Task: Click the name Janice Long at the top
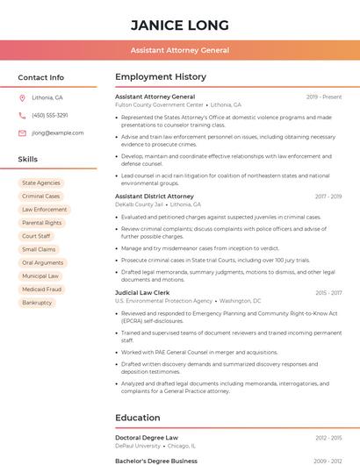coord(180,25)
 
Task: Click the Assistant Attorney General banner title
coord(180,51)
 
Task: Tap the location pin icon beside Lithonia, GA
coord(22,97)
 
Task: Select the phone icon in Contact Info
coord(22,115)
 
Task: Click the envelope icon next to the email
coord(22,133)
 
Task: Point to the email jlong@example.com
coord(58,133)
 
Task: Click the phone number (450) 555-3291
coord(50,115)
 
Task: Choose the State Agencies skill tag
coord(41,183)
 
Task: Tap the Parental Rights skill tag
coord(41,223)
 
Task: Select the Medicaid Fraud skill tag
coord(41,289)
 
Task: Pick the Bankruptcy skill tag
coord(37,303)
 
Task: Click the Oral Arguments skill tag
coord(42,262)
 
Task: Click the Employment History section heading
coord(161,77)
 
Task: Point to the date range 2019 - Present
coord(324,97)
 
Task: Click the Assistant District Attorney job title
coord(155,197)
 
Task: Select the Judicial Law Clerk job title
coord(142,293)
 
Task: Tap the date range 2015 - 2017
coord(328,293)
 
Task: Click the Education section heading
coord(138,418)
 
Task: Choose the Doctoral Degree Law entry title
coord(147,437)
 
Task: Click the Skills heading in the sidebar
coord(28,160)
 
